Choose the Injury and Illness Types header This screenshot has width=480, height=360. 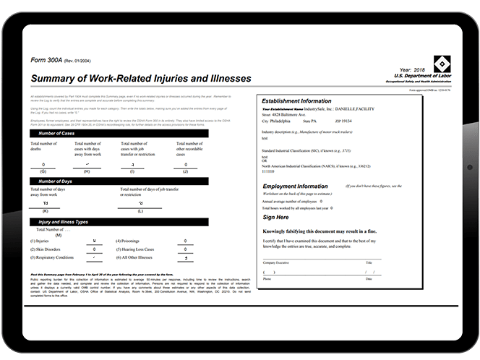[63, 221]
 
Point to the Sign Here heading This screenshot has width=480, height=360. [275, 217]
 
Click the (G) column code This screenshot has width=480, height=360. [43, 171]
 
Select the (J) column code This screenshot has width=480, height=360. [185, 171]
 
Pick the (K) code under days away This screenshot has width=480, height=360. [45, 210]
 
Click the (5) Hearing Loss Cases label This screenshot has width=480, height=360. [137, 248]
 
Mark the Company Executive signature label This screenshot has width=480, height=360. [276, 262]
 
